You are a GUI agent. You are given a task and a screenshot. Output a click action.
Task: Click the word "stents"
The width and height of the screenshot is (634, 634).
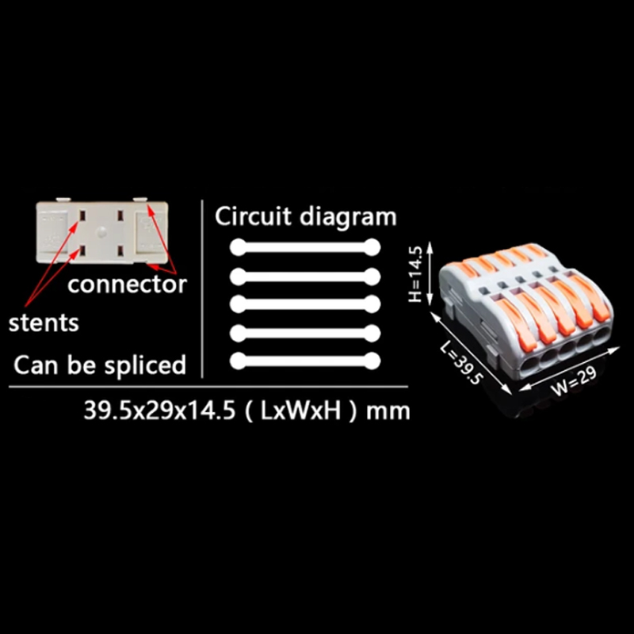(x=44, y=323)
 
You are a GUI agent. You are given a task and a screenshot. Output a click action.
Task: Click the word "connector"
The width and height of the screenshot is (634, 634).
(x=127, y=285)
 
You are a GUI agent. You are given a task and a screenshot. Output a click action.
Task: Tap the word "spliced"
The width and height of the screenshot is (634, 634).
(x=145, y=365)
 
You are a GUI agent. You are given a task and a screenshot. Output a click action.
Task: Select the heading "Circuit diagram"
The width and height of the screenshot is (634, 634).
(x=305, y=216)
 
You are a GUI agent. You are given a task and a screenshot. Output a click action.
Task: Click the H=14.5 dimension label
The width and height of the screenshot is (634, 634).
(x=415, y=273)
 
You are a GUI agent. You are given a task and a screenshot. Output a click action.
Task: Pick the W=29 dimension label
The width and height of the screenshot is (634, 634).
(x=573, y=380)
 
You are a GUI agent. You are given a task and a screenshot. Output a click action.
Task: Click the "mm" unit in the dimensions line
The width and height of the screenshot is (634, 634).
(x=388, y=411)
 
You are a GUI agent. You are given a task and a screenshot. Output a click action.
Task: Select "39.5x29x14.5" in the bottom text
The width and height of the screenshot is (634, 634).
(x=159, y=410)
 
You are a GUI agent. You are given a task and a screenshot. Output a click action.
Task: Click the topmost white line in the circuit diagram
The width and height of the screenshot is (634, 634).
(x=305, y=247)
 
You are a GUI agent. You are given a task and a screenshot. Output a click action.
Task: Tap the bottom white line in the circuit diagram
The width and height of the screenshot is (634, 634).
(x=305, y=361)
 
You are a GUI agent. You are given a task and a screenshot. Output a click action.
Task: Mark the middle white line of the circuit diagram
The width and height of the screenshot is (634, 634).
(x=305, y=304)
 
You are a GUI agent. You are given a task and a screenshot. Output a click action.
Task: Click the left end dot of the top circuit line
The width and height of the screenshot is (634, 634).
(x=239, y=247)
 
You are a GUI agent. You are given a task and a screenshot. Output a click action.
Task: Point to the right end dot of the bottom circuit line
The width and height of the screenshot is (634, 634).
(x=372, y=361)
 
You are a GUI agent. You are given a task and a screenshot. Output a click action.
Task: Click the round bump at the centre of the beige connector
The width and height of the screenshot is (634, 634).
(x=101, y=232)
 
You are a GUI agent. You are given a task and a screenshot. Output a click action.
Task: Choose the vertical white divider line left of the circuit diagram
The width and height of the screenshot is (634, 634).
(x=202, y=288)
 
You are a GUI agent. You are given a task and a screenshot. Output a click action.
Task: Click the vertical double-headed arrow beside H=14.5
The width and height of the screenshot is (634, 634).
(x=430, y=273)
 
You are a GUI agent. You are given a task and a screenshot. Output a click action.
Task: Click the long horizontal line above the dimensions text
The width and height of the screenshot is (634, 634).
(x=208, y=387)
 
